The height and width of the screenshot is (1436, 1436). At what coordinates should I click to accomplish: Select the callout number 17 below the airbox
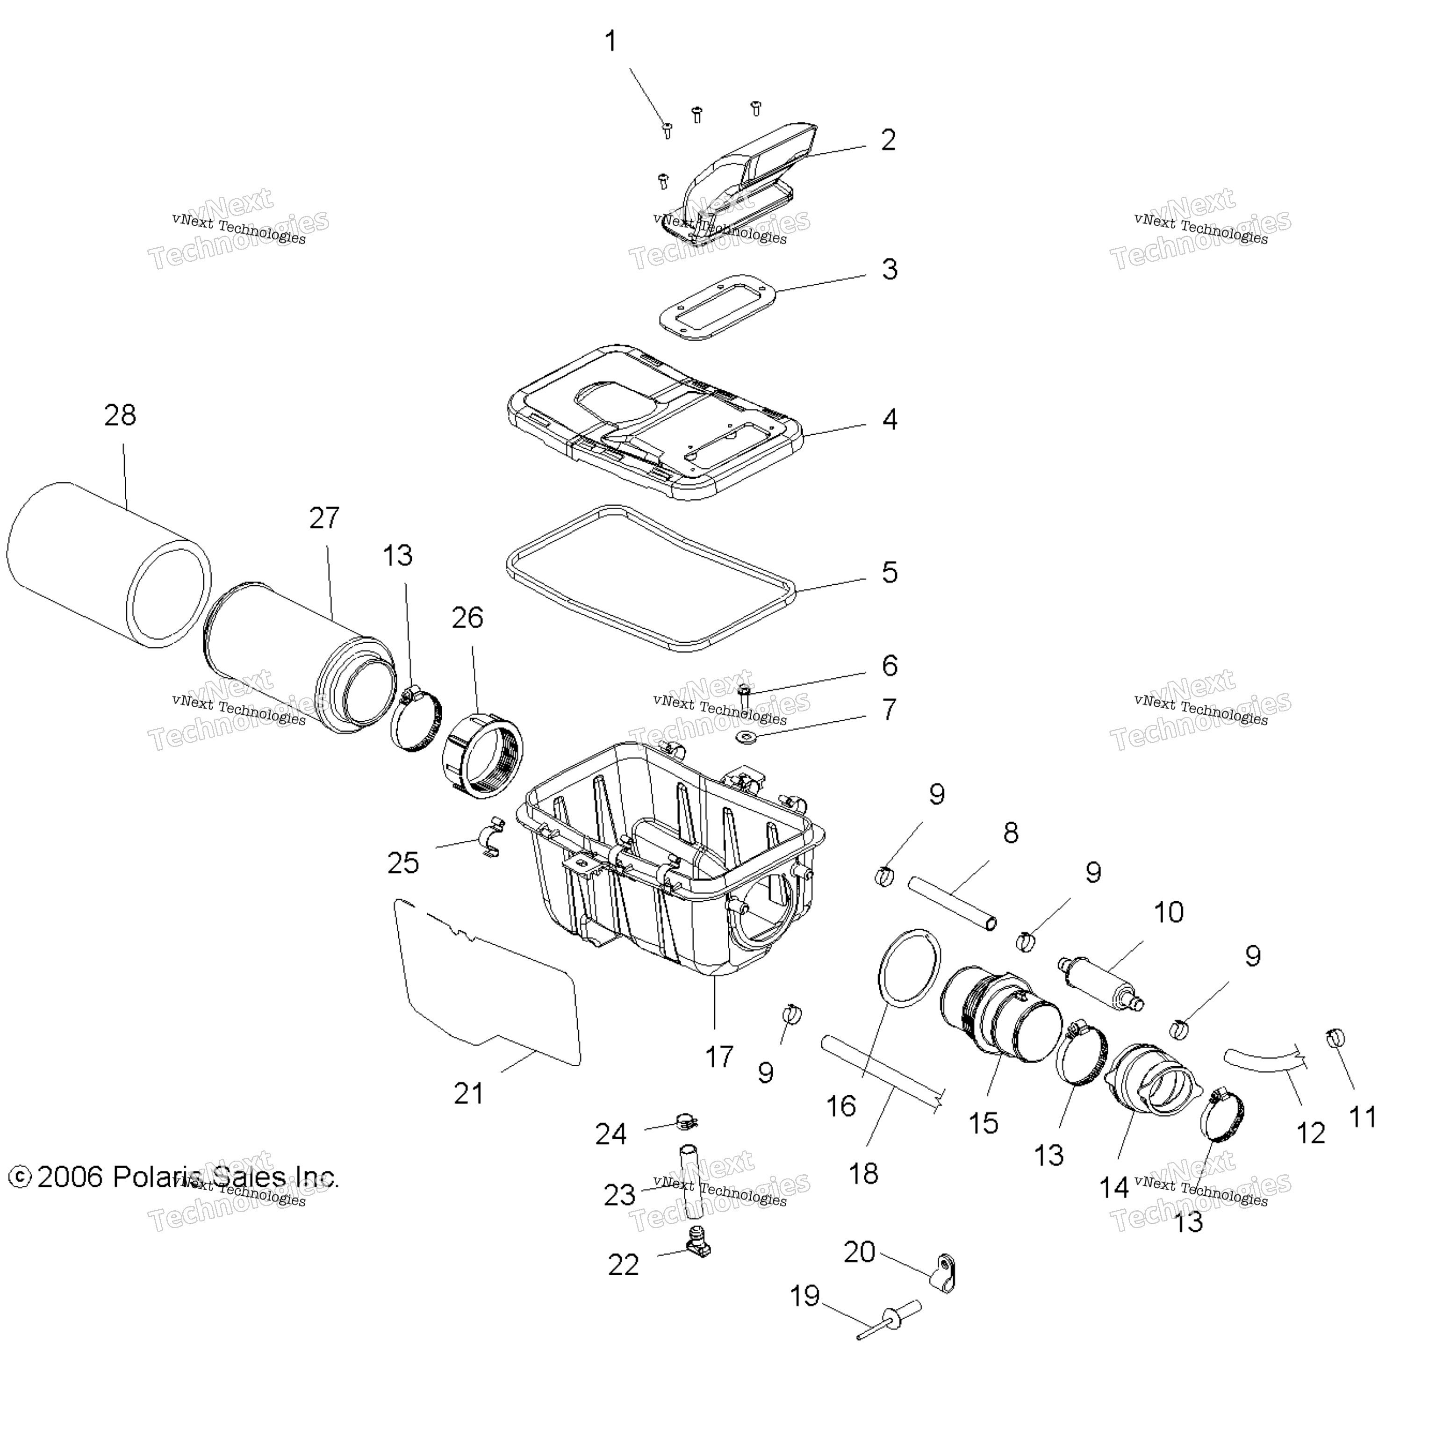pos(719,1056)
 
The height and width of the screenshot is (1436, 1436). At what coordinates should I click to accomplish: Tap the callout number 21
pos(469,1093)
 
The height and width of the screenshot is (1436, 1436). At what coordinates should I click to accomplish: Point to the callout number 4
pos(890,419)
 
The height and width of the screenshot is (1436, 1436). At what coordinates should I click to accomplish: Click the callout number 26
pos(467,617)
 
